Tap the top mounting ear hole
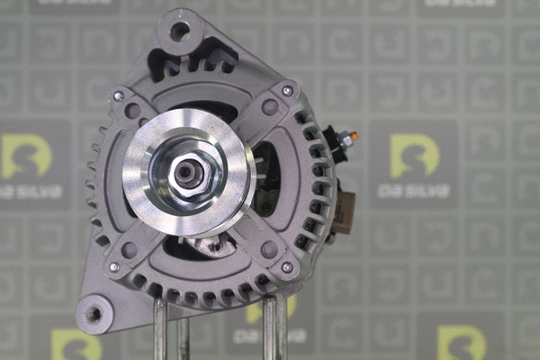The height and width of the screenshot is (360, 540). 179,31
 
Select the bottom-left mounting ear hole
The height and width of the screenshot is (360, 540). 93,314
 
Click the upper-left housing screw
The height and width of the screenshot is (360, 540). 118,95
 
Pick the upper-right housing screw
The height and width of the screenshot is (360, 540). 287,91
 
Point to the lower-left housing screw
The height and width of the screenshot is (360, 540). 113,267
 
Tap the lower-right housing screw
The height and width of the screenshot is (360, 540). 287,267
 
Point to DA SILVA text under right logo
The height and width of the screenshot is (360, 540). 415,190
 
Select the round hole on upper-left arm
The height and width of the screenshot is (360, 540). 133,111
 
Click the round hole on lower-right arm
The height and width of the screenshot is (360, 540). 269,249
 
